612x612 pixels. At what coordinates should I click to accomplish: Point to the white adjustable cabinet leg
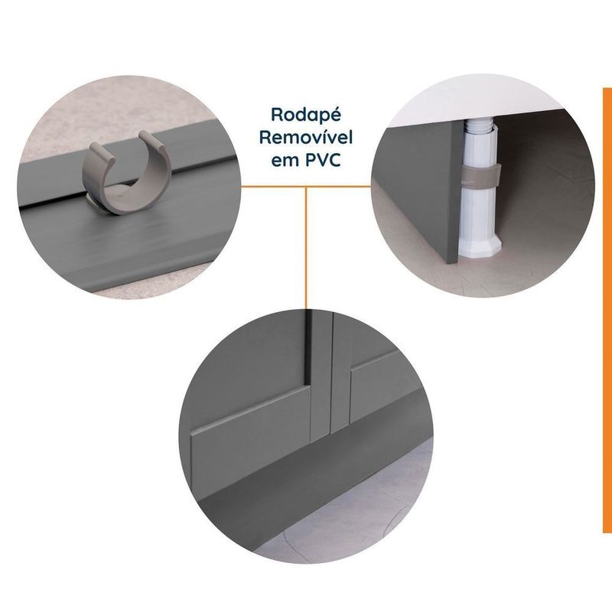click(480, 187)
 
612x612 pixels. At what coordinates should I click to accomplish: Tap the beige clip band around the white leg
click(480, 174)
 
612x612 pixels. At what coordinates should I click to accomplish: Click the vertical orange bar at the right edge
click(607, 311)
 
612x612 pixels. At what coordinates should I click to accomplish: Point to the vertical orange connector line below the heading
click(306, 248)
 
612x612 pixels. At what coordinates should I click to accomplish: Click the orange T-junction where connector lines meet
click(306, 187)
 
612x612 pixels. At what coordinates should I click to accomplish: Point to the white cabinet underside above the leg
click(468, 103)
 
